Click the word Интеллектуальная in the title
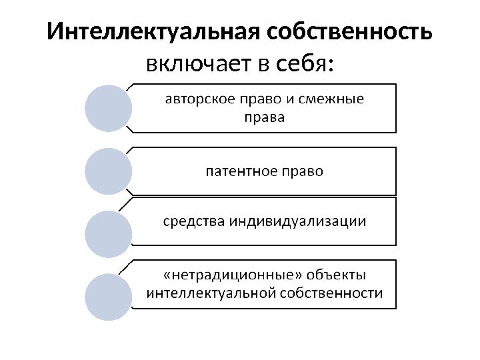click(153, 32)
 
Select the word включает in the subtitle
click(198, 65)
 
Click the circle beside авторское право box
click(108, 107)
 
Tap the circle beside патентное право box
click(108, 171)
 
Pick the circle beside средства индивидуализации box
click(108, 234)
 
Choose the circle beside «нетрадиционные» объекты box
click(108, 295)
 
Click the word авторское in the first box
click(199, 100)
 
